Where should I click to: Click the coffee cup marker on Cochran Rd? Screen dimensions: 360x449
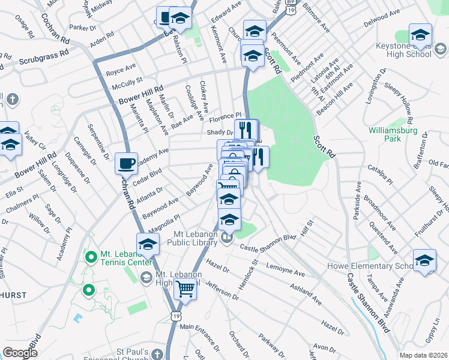click(x=127, y=163)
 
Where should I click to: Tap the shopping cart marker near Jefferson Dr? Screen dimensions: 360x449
click(x=185, y=289)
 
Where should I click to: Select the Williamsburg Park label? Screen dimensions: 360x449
click(x=393, y=134)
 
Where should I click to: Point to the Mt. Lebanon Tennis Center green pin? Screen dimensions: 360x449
click(x=91, y=258)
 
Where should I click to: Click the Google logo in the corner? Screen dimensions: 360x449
click(x=20, y=353)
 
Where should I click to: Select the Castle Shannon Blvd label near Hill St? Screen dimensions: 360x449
click(x=268, y=242)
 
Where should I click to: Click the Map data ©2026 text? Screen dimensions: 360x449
click(x=423, y=355)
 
